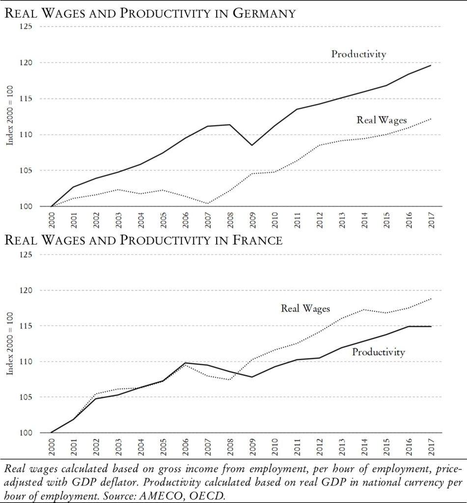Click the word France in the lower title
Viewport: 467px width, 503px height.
pyautogui.click(x=253, y=241)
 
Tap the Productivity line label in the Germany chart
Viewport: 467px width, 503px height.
pyautogui.click(x=358, y=54)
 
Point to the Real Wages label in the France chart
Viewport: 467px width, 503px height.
pyautogui.click(x=305, y=308)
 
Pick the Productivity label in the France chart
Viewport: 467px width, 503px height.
pyautogui.click(x=378, y=352)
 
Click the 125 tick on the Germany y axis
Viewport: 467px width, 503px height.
pyautogui.click(x=26, y=27)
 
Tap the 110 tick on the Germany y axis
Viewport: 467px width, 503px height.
pyautogui.click(x=26, y=135)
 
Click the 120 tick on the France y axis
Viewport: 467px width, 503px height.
pyautogui.click(x=26, y=290)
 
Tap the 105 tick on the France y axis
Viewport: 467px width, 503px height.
pyautogui.click(x=26, y=397)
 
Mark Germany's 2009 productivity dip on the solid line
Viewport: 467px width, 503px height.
pyautogui.click(x=252, y=145)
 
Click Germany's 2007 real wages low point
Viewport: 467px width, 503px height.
pyautogui.click(x=207, y=203)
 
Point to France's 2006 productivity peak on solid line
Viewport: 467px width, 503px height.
pyautogui.click(x=185, y=363)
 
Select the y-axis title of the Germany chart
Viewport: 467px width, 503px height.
pyautogui.click(x=10, y=116)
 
